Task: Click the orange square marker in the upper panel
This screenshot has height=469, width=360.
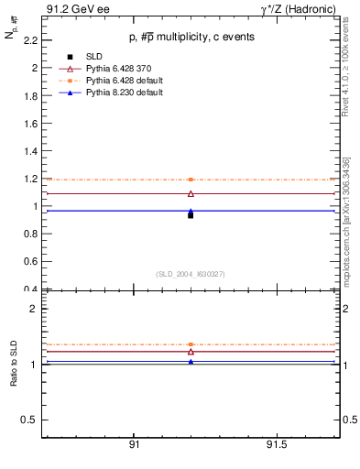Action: (x=191, y=180)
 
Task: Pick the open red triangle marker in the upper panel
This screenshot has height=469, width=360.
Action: (x=191, y=193)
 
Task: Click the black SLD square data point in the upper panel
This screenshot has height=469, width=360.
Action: (x=191, y=215)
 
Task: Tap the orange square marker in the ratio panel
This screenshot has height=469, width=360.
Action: (x=191, y=344)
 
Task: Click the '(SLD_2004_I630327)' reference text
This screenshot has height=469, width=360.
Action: (x=191, y=274)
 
